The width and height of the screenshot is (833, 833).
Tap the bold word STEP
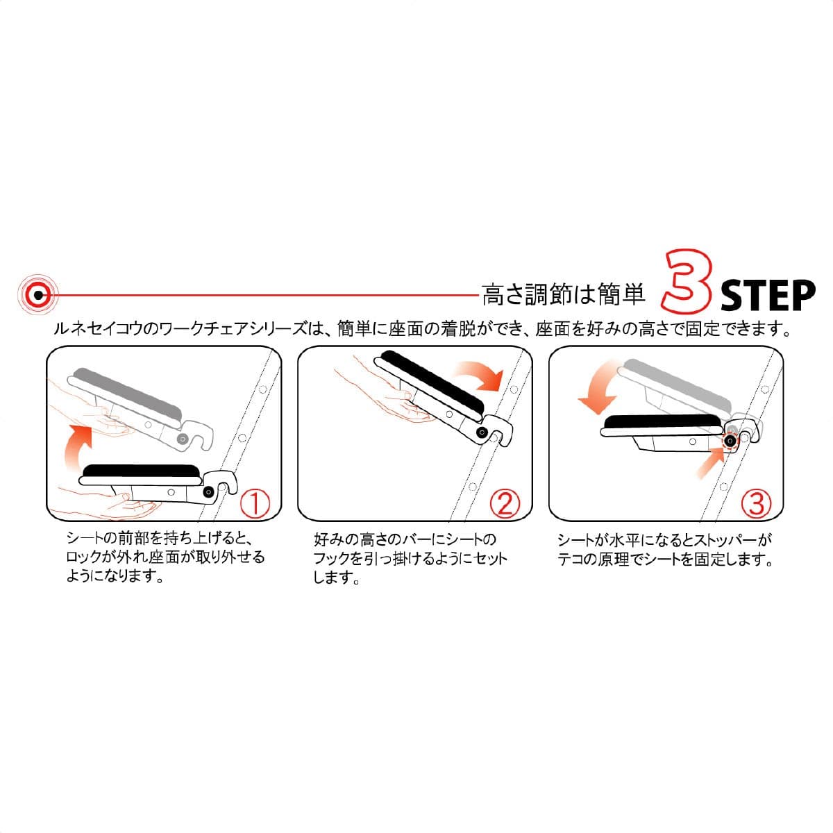[767, 296]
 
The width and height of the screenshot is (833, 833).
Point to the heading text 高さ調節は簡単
[564, 295]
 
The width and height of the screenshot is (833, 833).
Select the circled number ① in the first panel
[254, 503]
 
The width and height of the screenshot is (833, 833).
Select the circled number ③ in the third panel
[756, 503]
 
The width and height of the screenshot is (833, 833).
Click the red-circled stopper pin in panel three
[730, 441]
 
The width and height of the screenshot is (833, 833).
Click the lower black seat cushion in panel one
[142, 473]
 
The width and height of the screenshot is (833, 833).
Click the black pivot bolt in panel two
[481, 432]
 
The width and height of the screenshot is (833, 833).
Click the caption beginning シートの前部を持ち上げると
[165, 557]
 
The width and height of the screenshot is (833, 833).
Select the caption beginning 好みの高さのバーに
[410, 558]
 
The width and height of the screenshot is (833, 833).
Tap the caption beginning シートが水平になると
[665, 549]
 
